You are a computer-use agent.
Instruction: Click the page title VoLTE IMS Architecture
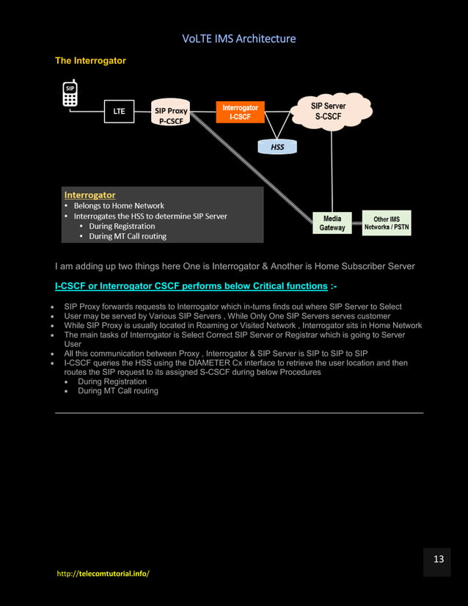[238, 38]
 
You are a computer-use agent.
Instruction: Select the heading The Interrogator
[90, 61]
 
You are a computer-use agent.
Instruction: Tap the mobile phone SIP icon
[70, 94]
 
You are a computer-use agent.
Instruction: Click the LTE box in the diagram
[118, 111]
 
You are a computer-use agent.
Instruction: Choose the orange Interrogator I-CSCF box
[240, 112]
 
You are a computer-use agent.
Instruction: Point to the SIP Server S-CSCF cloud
[329, 112]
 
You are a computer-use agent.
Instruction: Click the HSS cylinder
[277, 147]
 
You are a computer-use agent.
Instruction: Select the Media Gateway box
[332, 223]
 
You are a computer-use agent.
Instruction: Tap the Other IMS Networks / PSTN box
[387, 223]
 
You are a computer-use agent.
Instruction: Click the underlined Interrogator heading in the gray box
[89, 195]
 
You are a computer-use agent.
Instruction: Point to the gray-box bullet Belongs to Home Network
[119, 206]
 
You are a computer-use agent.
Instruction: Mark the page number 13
[439, 560]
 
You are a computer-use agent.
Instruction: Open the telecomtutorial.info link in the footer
[103, 573]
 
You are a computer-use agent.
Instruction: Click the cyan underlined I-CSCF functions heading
[191, 285]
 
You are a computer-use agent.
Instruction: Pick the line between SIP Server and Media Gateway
[332, 169]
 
